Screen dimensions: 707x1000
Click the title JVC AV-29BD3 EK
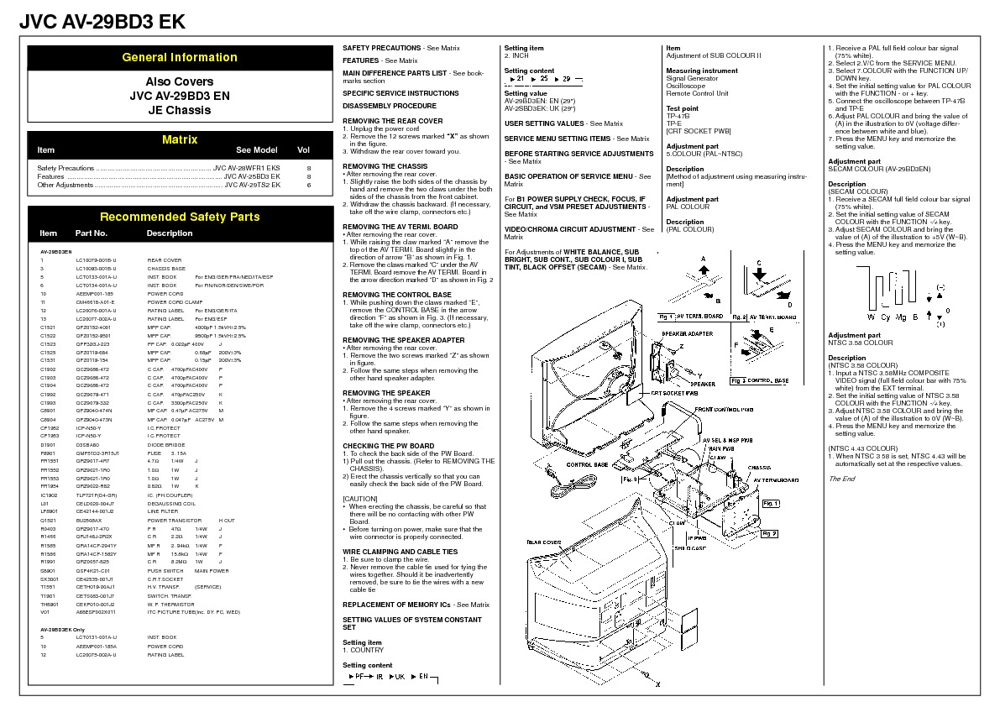click(x=102, y=22)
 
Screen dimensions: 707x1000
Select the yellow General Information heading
click(x=180, y=58)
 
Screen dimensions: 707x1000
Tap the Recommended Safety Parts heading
click(x=180, y=217)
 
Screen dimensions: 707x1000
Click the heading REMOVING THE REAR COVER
click(x=393, y=121)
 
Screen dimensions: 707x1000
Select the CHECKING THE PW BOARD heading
click(x=389, y=446)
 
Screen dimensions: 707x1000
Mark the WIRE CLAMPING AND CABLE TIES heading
click(x=401, y=552)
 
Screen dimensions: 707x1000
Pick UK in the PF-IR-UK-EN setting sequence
click(x=401, y=676)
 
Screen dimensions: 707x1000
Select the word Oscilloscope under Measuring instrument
click(x=686, y=86)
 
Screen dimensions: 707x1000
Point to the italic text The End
click(x=841, y=479)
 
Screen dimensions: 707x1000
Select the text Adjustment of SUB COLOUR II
click(x=713, y=55)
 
